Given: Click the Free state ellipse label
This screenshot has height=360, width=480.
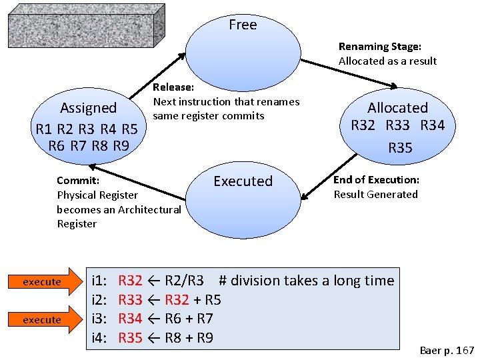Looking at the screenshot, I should click(242, 25).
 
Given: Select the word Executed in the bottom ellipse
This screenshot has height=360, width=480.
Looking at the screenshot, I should click(243, 181).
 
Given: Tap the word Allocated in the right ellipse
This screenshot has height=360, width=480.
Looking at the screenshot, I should click(397, 108).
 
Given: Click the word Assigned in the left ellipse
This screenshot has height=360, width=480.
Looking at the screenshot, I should click(88, 108).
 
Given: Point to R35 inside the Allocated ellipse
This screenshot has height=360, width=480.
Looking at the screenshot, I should click(400, 148).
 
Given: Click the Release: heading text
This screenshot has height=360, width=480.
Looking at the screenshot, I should click(174, 87).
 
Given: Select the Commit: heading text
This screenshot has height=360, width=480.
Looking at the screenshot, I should click(78, 181).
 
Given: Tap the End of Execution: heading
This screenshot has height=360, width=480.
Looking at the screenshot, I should click(376, 180).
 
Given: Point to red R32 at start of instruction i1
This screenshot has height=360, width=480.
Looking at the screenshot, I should click(130, 281).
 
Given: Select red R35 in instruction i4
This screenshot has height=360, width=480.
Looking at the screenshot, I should click(130, 338).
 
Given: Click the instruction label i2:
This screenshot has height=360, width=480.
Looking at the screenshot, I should click(100, 300).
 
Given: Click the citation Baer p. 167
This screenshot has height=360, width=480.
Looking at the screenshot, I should click(447, 350).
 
